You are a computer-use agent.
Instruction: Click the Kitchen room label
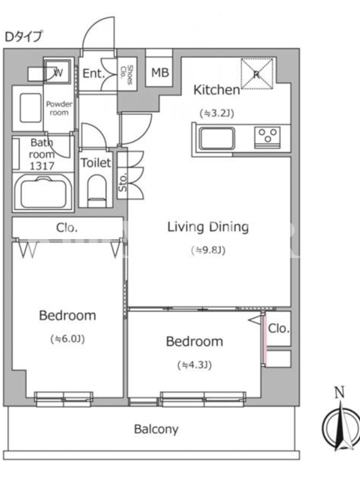(x=217, y=90)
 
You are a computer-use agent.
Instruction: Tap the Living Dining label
(x=208, y=227)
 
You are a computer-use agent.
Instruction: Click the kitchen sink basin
(x=217, y=139)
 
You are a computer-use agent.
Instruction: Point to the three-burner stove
(x=268, y=137)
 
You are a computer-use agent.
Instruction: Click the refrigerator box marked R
(x=257, y=73)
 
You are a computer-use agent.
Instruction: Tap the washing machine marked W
(x=58, y=72)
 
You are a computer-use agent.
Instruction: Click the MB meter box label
(x=160, y=73)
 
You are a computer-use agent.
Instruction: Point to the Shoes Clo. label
(x=127, y=74)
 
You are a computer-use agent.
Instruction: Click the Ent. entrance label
(x=94, y=73)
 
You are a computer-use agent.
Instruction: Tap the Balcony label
(x=156, y=430)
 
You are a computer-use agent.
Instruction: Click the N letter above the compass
(x=339, y=392)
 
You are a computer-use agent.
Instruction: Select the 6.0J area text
(x=67, y=339)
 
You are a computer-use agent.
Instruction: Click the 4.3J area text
(x=194, y=365)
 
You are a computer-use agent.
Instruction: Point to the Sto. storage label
(x=122, y=183)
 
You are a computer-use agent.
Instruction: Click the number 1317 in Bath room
(x=42, y=166)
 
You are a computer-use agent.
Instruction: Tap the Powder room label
(x=59, y=109)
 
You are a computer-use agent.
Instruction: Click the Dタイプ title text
(x=23, y=37)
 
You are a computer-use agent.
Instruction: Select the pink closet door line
(x=265, y=339)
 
